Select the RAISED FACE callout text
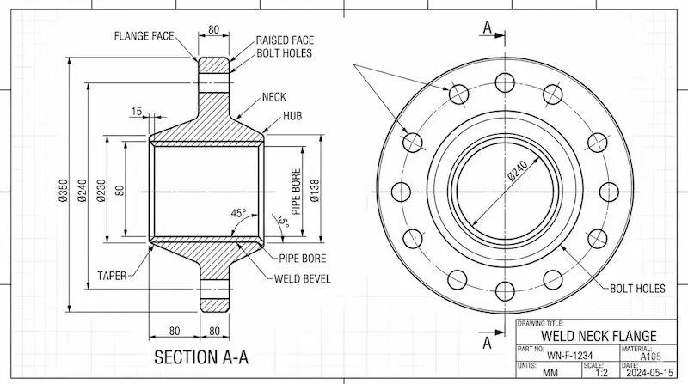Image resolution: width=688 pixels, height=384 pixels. [284, 40]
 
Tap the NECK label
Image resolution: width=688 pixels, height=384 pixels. [273, 98]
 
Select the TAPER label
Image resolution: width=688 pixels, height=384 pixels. [112, 276]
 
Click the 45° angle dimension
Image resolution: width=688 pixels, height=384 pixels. [238, 213]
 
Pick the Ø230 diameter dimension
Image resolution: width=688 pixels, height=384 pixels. [101, 191]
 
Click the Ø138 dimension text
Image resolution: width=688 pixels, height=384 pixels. [316, 191]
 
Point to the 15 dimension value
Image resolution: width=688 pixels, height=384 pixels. [136, 111]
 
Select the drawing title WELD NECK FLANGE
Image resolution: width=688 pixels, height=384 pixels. [599, 335]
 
